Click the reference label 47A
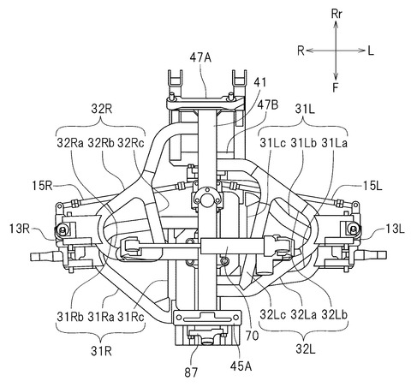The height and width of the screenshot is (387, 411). pyautogui.click(x=200, y=58)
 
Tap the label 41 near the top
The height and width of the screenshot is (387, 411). pyautogui.click(x=259, y=82)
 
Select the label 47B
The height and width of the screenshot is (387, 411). pyautogui.click(x=267, y=104)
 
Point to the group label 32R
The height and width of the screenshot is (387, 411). pyautogui.click(x=102, y=109)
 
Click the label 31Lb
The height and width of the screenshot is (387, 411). pyautogui.click(x=304, y=143)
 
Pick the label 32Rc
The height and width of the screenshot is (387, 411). pyautogui.click(x=131, y=143)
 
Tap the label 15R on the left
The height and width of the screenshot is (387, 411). pyautogui.click(x=42, y=187)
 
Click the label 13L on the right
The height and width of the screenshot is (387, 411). pyautogui.click(x=395, y=229)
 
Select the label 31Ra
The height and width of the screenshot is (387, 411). pyautogui.click(x=101, y=317)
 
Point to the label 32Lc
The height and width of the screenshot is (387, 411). pyautogui.click(x=272, y=314)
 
